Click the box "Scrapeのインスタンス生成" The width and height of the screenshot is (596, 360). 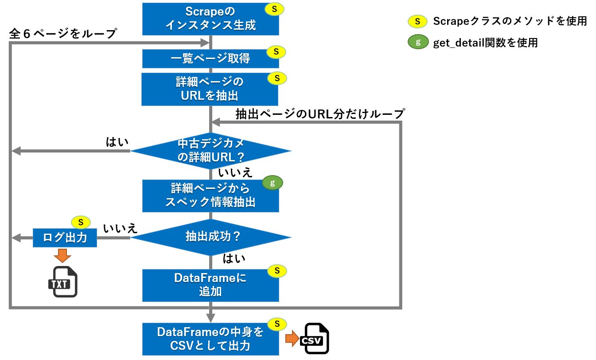210,19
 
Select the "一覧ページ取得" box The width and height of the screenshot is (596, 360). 210,59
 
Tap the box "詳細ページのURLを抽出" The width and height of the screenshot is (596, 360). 210,89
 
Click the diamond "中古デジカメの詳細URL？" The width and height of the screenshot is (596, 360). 211,151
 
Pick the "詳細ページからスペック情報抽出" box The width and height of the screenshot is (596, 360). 210,196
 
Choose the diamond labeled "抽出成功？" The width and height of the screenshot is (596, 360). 211,237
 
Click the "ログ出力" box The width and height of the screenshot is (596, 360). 65,238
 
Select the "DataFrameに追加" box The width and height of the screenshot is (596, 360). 210,286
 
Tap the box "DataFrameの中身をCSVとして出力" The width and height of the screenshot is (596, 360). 210,339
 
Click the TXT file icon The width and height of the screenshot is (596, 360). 63,282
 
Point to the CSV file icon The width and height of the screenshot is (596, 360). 315,338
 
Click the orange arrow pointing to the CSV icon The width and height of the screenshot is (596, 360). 292,338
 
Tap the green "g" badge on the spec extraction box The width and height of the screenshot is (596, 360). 273,183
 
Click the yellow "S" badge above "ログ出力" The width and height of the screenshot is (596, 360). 81,222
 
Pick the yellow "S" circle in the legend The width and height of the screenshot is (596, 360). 417,21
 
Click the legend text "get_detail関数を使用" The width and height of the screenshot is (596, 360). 485,43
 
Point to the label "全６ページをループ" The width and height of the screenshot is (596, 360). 63,34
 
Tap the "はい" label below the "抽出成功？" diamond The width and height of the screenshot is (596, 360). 234,258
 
